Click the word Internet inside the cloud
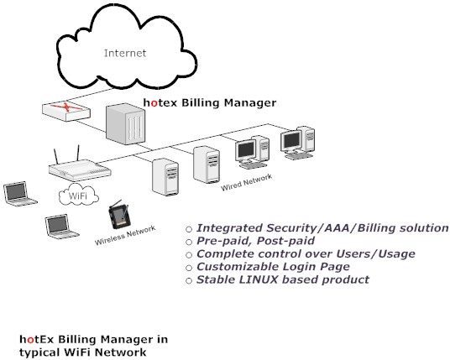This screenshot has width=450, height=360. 125,54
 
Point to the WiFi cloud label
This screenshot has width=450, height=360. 78,196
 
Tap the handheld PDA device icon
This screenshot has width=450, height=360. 121,216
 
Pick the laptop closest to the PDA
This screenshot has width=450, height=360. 57,224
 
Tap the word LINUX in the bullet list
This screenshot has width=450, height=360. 248,279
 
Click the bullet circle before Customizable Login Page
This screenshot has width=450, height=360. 189,268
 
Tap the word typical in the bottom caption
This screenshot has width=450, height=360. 39,352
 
